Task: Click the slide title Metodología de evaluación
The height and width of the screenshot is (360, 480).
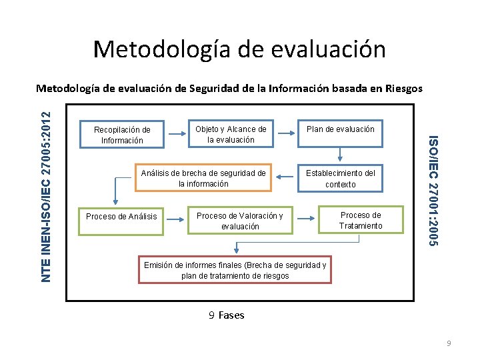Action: (239, 49)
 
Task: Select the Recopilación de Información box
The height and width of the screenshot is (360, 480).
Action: (122, 135)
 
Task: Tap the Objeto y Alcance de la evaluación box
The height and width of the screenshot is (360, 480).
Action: (230, 134)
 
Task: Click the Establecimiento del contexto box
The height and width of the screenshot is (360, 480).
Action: (340, 178)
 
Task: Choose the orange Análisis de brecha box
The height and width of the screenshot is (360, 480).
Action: (203, 178)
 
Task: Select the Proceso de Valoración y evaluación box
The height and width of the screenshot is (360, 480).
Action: (239, 221)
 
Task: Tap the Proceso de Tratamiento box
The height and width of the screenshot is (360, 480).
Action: (360, 220)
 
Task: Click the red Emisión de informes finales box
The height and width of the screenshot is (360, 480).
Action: (235, 270)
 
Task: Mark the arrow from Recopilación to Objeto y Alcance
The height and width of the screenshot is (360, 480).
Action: (176, 134)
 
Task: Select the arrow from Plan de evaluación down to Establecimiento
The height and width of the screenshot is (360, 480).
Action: (340, 154)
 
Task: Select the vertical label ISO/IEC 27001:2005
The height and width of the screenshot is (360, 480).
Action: (433, 191)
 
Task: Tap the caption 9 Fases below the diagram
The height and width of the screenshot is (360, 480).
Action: (227, 315)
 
